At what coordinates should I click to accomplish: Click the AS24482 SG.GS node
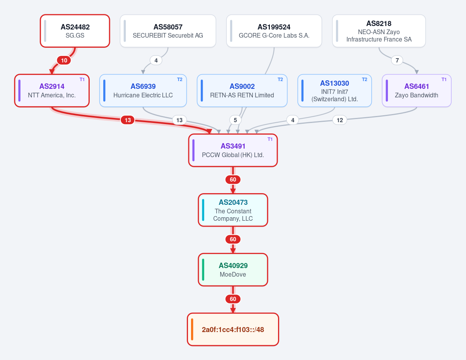point(75,31)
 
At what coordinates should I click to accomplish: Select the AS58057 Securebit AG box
point(168,31)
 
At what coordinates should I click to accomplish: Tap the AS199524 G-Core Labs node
point(274,31)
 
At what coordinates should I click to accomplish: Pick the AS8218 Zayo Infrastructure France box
point(379,31)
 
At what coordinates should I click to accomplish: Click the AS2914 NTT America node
point(52,91)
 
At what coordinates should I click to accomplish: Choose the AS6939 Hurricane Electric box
point(143,91)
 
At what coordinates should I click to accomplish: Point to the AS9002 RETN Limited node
point(242,91)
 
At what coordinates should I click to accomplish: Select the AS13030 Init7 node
point(334,91)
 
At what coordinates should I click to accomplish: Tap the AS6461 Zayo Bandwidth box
point(417,91)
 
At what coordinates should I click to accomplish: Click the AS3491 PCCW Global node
point(233,151)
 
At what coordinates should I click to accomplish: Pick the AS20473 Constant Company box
point(233,210)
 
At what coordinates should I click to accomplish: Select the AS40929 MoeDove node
point(233,270)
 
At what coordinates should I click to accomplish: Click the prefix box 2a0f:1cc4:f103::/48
point(233,330)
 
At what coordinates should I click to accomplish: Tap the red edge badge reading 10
point(64,61)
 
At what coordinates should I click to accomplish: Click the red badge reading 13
point(128,120)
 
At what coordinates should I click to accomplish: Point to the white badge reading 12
point(340,120)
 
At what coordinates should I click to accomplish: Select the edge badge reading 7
point(397,61)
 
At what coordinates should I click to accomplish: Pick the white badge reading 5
point(235,120)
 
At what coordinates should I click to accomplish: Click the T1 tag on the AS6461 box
point(444,80)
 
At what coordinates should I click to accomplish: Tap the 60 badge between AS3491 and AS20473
point(233,180)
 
